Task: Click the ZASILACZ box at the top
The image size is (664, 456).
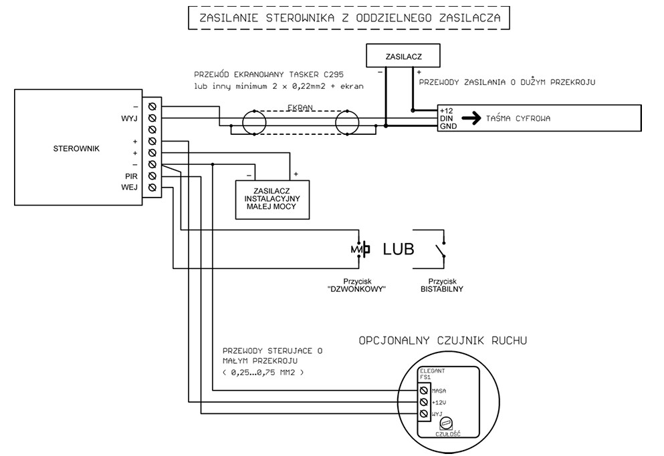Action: [403, 55]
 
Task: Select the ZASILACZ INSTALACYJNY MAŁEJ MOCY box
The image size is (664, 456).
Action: [272, 200]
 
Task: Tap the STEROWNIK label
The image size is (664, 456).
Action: [76, 148]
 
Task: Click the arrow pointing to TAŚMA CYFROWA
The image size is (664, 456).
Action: [471, 118]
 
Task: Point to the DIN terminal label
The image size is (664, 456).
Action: [446, 118]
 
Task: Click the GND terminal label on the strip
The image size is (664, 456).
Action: [448, 126]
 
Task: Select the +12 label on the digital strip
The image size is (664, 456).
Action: [446, 111]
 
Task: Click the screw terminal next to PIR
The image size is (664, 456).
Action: [152, 176]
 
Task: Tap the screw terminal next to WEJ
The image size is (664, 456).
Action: [152, 188]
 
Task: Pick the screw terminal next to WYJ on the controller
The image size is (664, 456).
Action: [152, 118]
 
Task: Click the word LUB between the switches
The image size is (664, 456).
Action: [398, 249]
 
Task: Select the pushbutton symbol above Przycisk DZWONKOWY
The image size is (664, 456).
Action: [360, 249]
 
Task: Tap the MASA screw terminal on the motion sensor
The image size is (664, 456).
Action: [423, 391]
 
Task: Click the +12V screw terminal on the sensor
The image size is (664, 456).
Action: [423, 402]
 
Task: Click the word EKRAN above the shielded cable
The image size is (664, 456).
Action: [300, 107]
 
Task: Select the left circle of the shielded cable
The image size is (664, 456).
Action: [254, 123]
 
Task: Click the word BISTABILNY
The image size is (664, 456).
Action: [442, 289]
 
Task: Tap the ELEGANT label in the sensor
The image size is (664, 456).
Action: [433, 371]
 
